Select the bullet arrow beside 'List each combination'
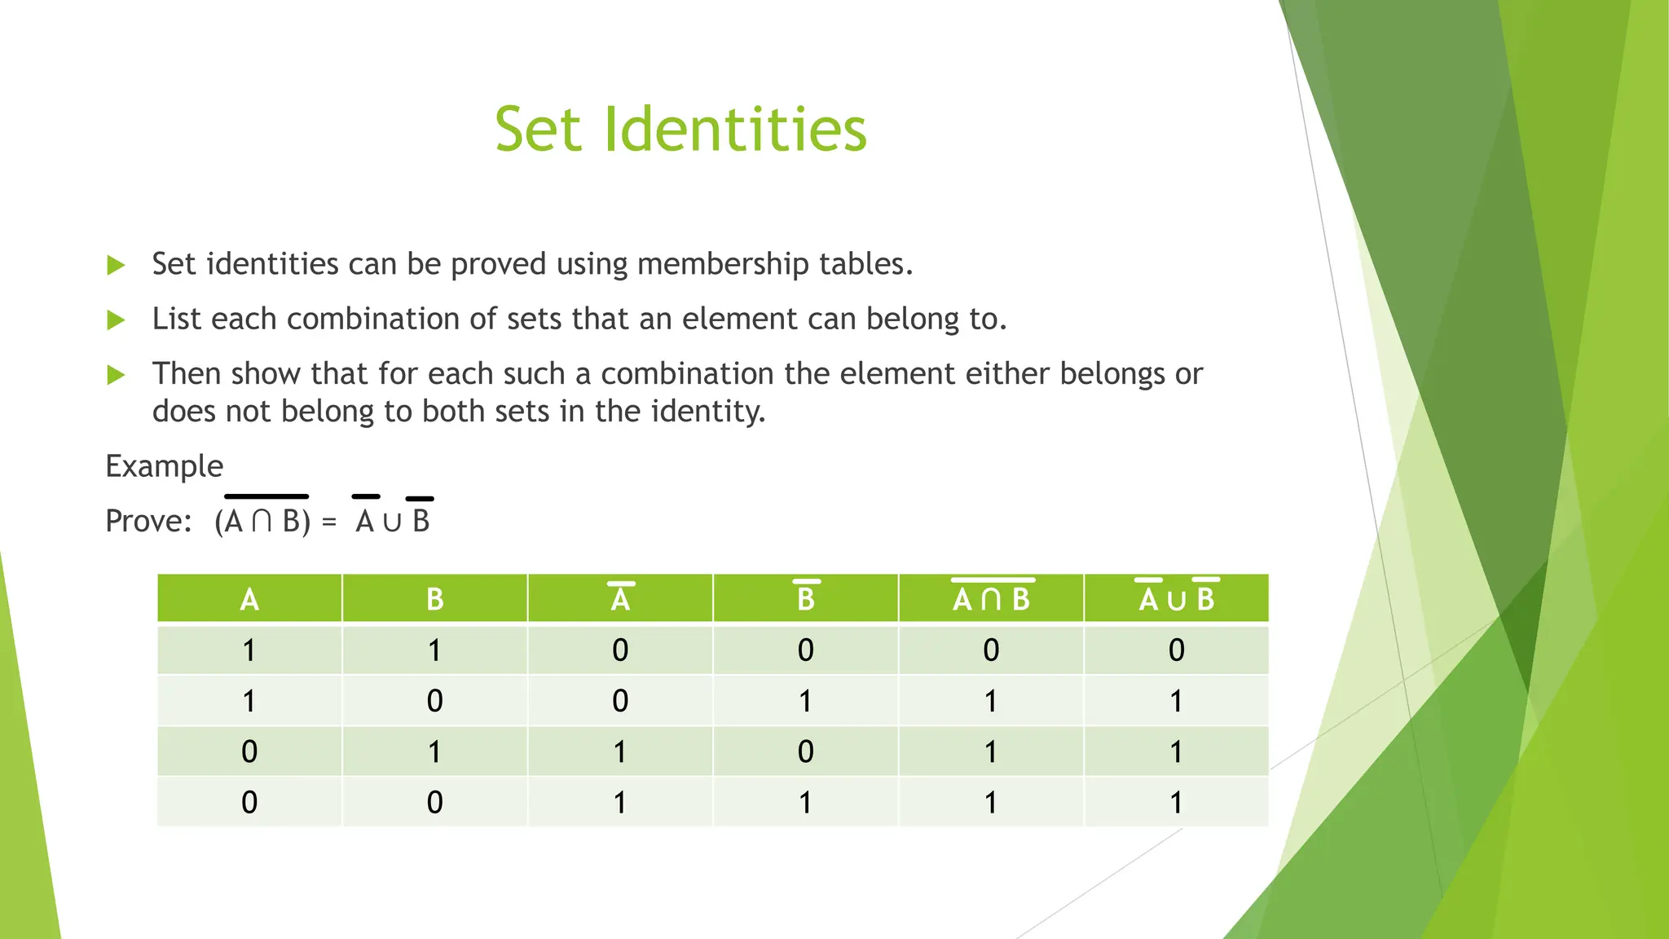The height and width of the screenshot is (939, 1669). [x=117, y=320]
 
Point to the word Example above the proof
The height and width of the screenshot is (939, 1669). [x=164, y=466]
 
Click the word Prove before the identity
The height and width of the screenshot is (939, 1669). [x=147, y=521]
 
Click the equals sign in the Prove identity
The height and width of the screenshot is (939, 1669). [x=329, y=522]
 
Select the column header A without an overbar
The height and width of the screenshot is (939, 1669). [x=249, y=599]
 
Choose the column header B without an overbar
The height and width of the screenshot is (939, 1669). [x=435, y=599]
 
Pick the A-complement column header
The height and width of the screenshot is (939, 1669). [x=620, y=598]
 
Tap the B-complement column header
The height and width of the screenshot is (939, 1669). [x=806, y=598]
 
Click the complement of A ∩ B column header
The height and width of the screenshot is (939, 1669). [x=991, y=598]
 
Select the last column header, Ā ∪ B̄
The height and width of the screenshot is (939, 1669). [x=1177, y=598]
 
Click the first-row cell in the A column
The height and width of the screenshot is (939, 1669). [x=249, y=650]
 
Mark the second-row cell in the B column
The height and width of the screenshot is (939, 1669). [x=435, y=701]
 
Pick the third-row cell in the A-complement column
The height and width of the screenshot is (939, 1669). [x=620, y=752]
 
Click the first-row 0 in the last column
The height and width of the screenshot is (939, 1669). [x=1177, y=650]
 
